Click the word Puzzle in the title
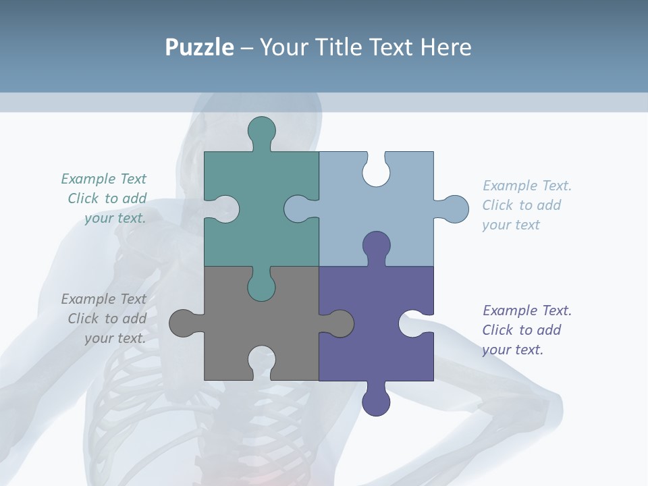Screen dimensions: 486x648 [x=199, y=48]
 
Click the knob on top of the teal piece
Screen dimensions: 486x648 [x=262, y=131]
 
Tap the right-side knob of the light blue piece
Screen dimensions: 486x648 [x=454, y=209]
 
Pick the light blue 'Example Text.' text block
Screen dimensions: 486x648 [x=526, y=205]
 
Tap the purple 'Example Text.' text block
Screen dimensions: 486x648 [x=526, y=330]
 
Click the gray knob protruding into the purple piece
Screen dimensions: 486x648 [x=339, y=323]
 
